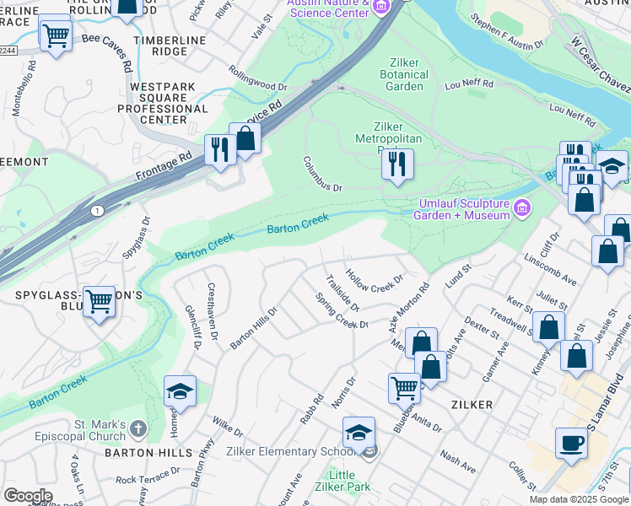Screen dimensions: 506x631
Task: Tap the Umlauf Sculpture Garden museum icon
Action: [522, 207]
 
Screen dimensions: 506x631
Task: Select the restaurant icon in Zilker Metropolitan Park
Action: [397, 164]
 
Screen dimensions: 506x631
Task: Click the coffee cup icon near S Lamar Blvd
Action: [571, 444]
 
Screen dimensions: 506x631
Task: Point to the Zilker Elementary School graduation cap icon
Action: [359, 433]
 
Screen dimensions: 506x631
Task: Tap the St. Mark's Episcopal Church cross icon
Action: [139, 430]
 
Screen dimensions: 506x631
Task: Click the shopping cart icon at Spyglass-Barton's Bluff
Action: [99, 301]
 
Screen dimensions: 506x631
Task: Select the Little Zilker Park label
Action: [341, 482]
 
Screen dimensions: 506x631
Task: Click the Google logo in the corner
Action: [28, 496]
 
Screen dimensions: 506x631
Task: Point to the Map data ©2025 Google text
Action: [578, 499]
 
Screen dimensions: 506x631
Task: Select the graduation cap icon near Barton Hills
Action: [180, 391]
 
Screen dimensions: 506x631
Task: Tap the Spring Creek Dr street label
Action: [342, 311]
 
